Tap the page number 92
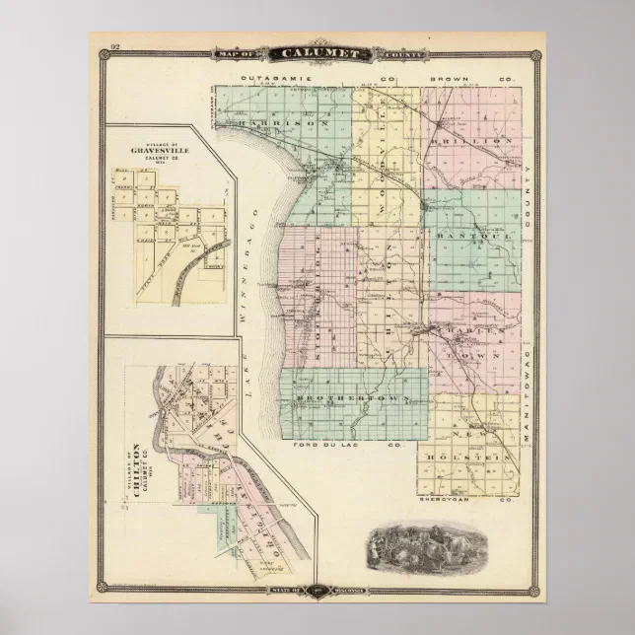115,47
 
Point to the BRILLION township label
482,140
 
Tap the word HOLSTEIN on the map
479,457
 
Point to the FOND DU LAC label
332,446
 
